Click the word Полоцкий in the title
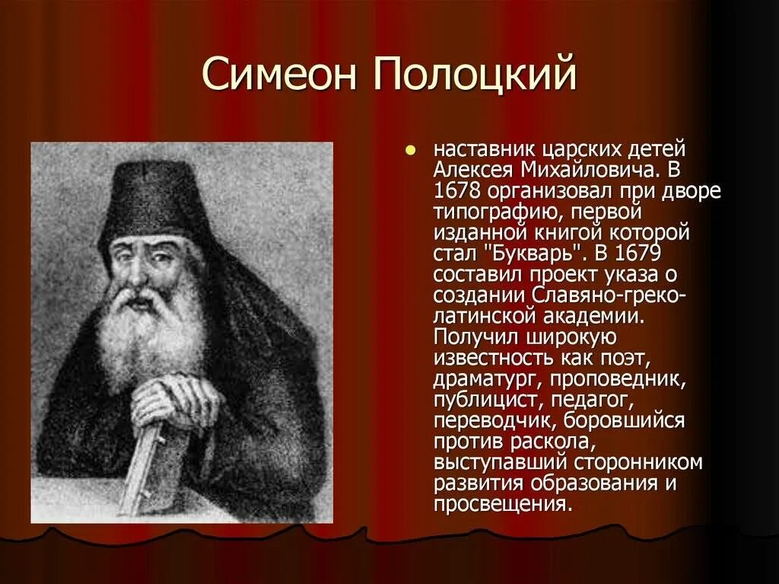click(473, 78)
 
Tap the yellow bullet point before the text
click(412, 150)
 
